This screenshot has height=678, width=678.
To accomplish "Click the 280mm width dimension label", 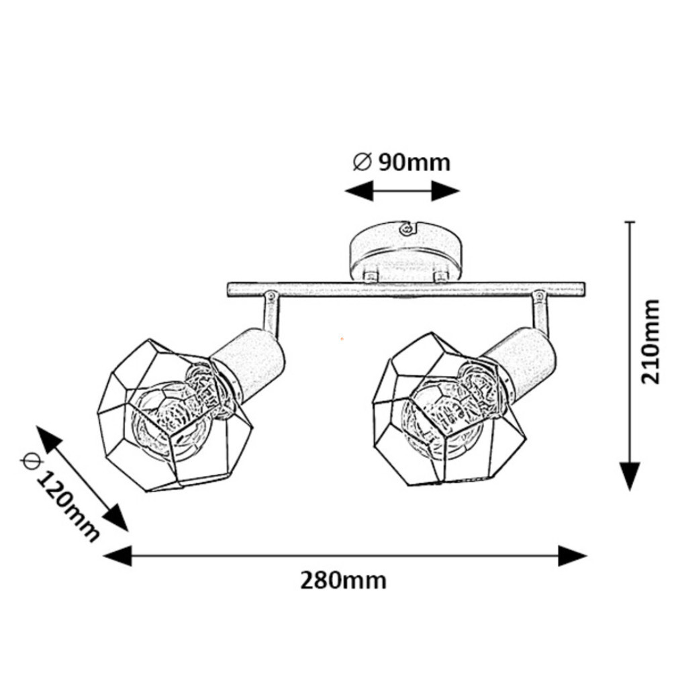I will pos(343,580).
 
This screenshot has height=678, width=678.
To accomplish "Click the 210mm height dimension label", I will pos(650,341).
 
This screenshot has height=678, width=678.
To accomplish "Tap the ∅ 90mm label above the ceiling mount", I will pos(401,162).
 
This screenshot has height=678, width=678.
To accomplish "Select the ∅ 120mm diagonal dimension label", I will pos(60,497).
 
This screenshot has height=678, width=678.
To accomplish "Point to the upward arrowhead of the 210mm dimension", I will pos(629,223).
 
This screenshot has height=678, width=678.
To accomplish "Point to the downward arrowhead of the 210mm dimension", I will pos(629,476).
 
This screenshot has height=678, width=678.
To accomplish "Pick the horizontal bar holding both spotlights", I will pos(405,289).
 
